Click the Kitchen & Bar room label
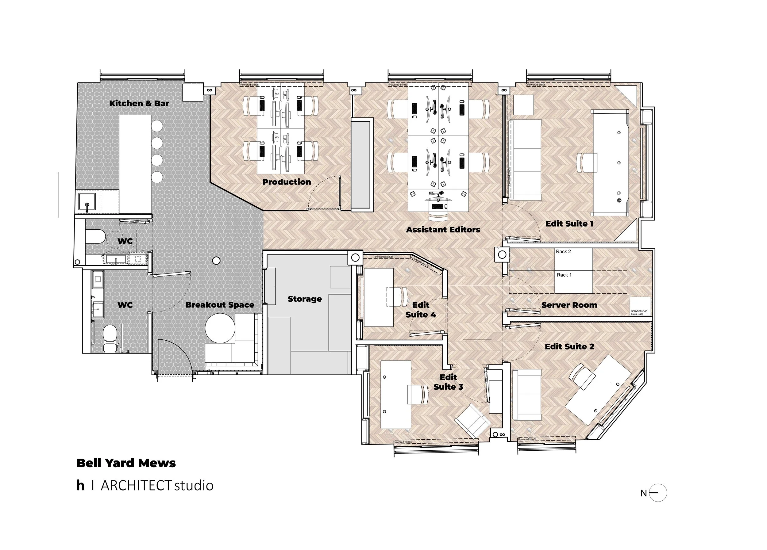[x=139, y=103]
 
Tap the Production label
[x=287, y=182]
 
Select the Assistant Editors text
[x=443, y=230]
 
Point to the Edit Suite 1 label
[x=569, y=224]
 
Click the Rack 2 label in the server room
[x=563, y=252]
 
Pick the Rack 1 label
[x=564, y=275]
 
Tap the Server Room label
[x=569, y=305]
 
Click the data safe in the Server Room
[x=640, y=306]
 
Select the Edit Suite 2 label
[x=569, y=347]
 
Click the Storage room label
[x=304, y=299]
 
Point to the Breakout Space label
[x=219, y=305]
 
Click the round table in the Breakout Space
[x=220, y=328]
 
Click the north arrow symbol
[x=657, y=493]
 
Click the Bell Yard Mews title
[x=126, y=463]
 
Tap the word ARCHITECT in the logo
[x=136, y=486]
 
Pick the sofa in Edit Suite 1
[x=526, y=160]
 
